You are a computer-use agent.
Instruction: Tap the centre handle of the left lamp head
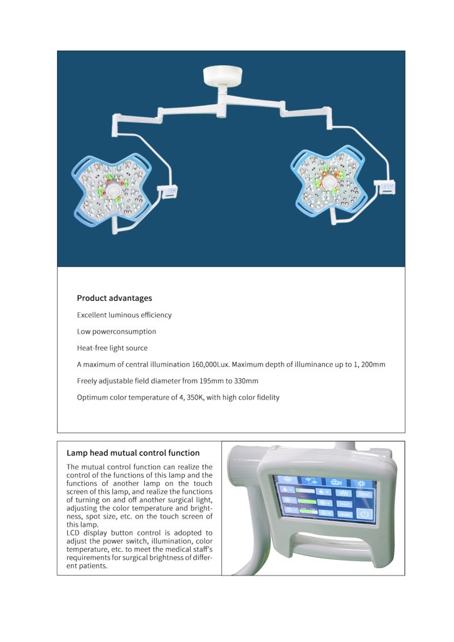tap(113, 189)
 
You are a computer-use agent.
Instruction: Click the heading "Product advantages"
tap(114, 298)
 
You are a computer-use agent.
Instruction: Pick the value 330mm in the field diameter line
tap(245, 381)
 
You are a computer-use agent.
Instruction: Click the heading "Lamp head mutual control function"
tap(133, 453)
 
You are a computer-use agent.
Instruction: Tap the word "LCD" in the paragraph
tap(75, 532)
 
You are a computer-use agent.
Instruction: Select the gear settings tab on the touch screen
tap(361, 483)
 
